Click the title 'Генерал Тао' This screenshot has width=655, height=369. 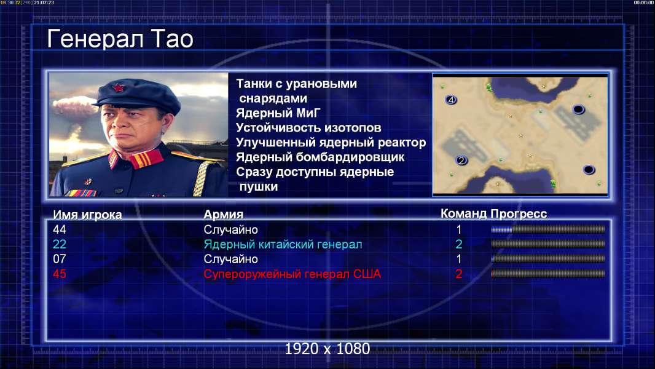120,39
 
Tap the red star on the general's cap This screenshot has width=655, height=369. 119,87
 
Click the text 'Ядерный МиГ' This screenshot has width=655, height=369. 278,113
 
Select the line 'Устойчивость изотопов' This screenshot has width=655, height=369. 308,127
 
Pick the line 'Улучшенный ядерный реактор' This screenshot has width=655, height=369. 331,143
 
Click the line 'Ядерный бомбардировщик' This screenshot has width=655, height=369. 320,157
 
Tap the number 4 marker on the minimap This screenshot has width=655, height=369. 450,100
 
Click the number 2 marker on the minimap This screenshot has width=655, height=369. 461,160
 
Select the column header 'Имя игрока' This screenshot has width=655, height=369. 87,215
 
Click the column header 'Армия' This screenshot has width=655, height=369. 224,215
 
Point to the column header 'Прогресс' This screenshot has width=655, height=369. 519,213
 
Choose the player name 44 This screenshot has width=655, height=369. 60,229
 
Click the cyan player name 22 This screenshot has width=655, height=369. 60,244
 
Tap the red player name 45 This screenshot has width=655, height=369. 60,274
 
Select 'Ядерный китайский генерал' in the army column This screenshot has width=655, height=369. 283,244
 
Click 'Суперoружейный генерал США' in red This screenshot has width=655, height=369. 292,274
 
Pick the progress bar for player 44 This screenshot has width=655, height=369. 548,229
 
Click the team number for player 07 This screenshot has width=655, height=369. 458,259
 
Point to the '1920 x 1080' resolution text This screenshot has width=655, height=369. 327,349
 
